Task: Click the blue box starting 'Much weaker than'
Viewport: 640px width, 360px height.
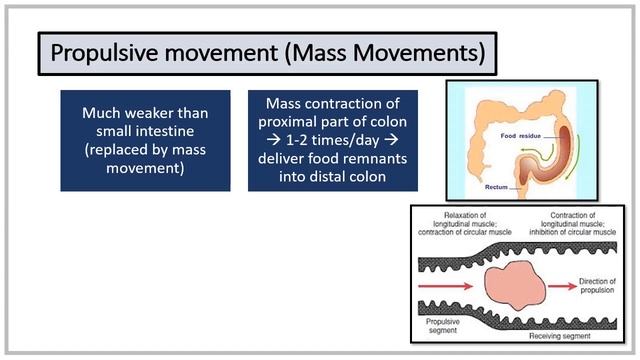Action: [144, 141]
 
